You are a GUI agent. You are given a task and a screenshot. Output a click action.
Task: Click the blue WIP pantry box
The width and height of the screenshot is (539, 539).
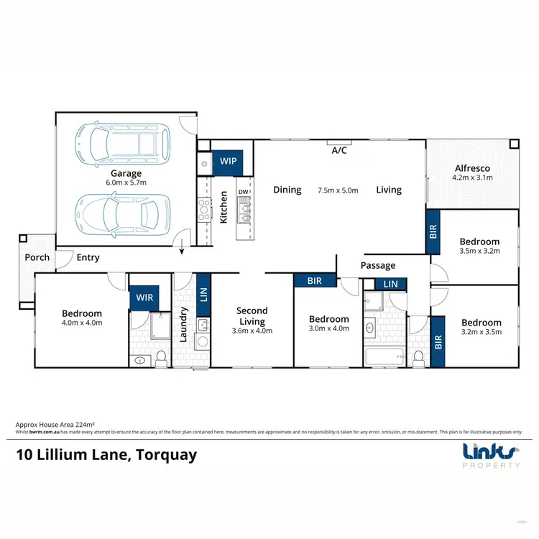click(229, 161)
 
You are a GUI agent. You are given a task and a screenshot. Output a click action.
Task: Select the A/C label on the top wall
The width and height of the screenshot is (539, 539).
click(339, 151)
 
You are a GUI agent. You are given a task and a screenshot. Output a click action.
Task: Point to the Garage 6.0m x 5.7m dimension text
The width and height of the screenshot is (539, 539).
click(126, 183)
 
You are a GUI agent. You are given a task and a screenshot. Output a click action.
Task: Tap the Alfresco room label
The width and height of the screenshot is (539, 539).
click(471, 168)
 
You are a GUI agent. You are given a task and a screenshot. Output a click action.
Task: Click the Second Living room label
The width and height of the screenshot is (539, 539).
click(252, 316)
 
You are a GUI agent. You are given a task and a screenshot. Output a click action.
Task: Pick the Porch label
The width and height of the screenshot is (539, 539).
click(37, 257)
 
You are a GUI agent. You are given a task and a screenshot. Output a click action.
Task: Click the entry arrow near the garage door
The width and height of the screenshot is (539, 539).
click(183, 250)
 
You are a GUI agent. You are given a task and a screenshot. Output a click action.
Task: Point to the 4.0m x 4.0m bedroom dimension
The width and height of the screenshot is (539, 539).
click(82, 323)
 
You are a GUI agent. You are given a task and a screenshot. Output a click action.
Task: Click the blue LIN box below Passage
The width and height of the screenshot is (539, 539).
click(390, 285)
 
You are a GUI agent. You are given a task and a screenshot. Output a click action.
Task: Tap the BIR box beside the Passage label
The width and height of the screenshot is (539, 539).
click(314, 280)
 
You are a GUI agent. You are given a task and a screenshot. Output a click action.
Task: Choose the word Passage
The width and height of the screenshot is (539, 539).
click(378, 266)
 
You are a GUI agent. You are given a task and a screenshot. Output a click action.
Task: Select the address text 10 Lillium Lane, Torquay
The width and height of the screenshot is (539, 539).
click(106, 455)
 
